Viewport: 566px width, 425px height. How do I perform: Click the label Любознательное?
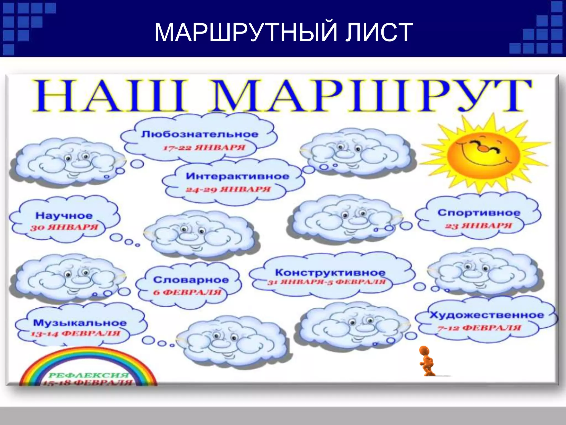click(200, 134)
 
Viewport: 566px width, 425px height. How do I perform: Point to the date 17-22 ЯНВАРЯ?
click(204, 147)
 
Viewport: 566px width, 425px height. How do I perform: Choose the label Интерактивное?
click(237, 176)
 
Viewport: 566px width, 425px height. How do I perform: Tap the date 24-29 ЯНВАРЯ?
click(228, 189)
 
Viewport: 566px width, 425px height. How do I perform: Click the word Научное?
click(64, 216)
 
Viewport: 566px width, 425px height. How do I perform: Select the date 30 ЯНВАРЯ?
click(64, 227)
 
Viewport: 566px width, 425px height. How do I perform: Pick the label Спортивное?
click(479, 212)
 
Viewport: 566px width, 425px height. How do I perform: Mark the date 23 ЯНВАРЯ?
click(478, 226)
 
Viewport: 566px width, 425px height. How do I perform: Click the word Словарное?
click(191, 280)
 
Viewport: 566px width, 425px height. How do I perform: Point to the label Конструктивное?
click(330, 272)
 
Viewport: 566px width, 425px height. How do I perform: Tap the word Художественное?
click(486, 315)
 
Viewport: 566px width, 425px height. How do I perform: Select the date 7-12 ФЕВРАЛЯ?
click(479, 328)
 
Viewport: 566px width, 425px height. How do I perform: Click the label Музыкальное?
click(80, 323)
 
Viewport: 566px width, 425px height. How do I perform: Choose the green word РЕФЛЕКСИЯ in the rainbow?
click(89, 375)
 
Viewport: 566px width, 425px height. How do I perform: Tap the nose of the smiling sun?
click(483, 149)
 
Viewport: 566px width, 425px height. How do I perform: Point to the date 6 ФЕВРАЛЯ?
click(187, 292)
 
